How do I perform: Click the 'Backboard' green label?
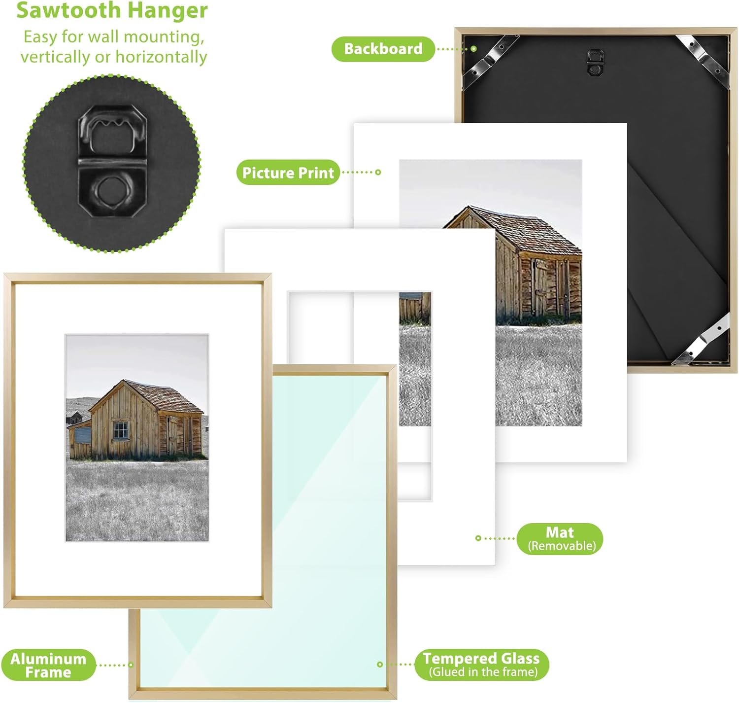tap(383, 49)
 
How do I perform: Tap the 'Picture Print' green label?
tap(288, 172)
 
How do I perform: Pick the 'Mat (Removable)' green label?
tap(560, 538)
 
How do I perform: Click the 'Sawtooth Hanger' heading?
tap(112, 10)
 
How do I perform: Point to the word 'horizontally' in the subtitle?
tap(161, 57)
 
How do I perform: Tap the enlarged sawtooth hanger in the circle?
tap(112, 161)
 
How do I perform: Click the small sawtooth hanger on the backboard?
tap(595, 62)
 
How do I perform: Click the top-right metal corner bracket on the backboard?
tap(702, 61)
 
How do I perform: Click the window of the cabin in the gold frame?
tap(121, 430)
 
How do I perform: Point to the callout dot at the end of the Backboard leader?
tap(473, 49)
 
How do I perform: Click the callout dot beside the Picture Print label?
tap(378, 172)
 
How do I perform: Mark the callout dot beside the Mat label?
tap(478, 538)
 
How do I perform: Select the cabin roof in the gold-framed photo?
tap(150, 397)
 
